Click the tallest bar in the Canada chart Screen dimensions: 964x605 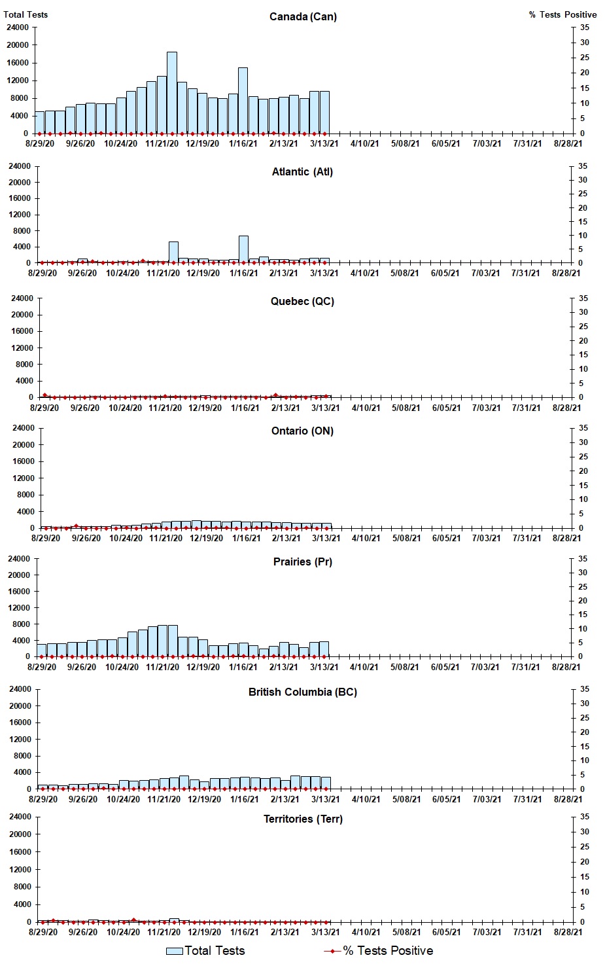(x=171, y=92)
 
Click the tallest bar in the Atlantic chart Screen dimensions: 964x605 (x=243, y=249)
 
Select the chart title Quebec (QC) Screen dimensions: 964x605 (x=302, y=302)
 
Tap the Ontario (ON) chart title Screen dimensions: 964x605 (x=302, y=431)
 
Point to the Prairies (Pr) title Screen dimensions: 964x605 (x=302, y=562)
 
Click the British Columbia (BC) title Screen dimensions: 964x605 (x=302, y=692)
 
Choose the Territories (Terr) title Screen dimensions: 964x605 (x=302, y=819)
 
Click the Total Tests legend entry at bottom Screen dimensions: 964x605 (x=205, y=951)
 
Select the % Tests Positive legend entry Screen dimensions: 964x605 (x=379, y=951)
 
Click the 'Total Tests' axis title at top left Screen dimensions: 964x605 (x=26, y=14)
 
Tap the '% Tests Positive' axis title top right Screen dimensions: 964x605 (x=562, y=14)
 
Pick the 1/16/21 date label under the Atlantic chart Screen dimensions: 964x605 (x=243, y=273)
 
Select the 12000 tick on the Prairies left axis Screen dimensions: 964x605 (x=19, y=608)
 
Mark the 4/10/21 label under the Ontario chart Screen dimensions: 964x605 (x=366, y=538)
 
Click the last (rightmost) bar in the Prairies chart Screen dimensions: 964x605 (x=324, y=649)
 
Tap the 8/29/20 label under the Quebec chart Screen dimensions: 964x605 (x=44, y=408)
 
